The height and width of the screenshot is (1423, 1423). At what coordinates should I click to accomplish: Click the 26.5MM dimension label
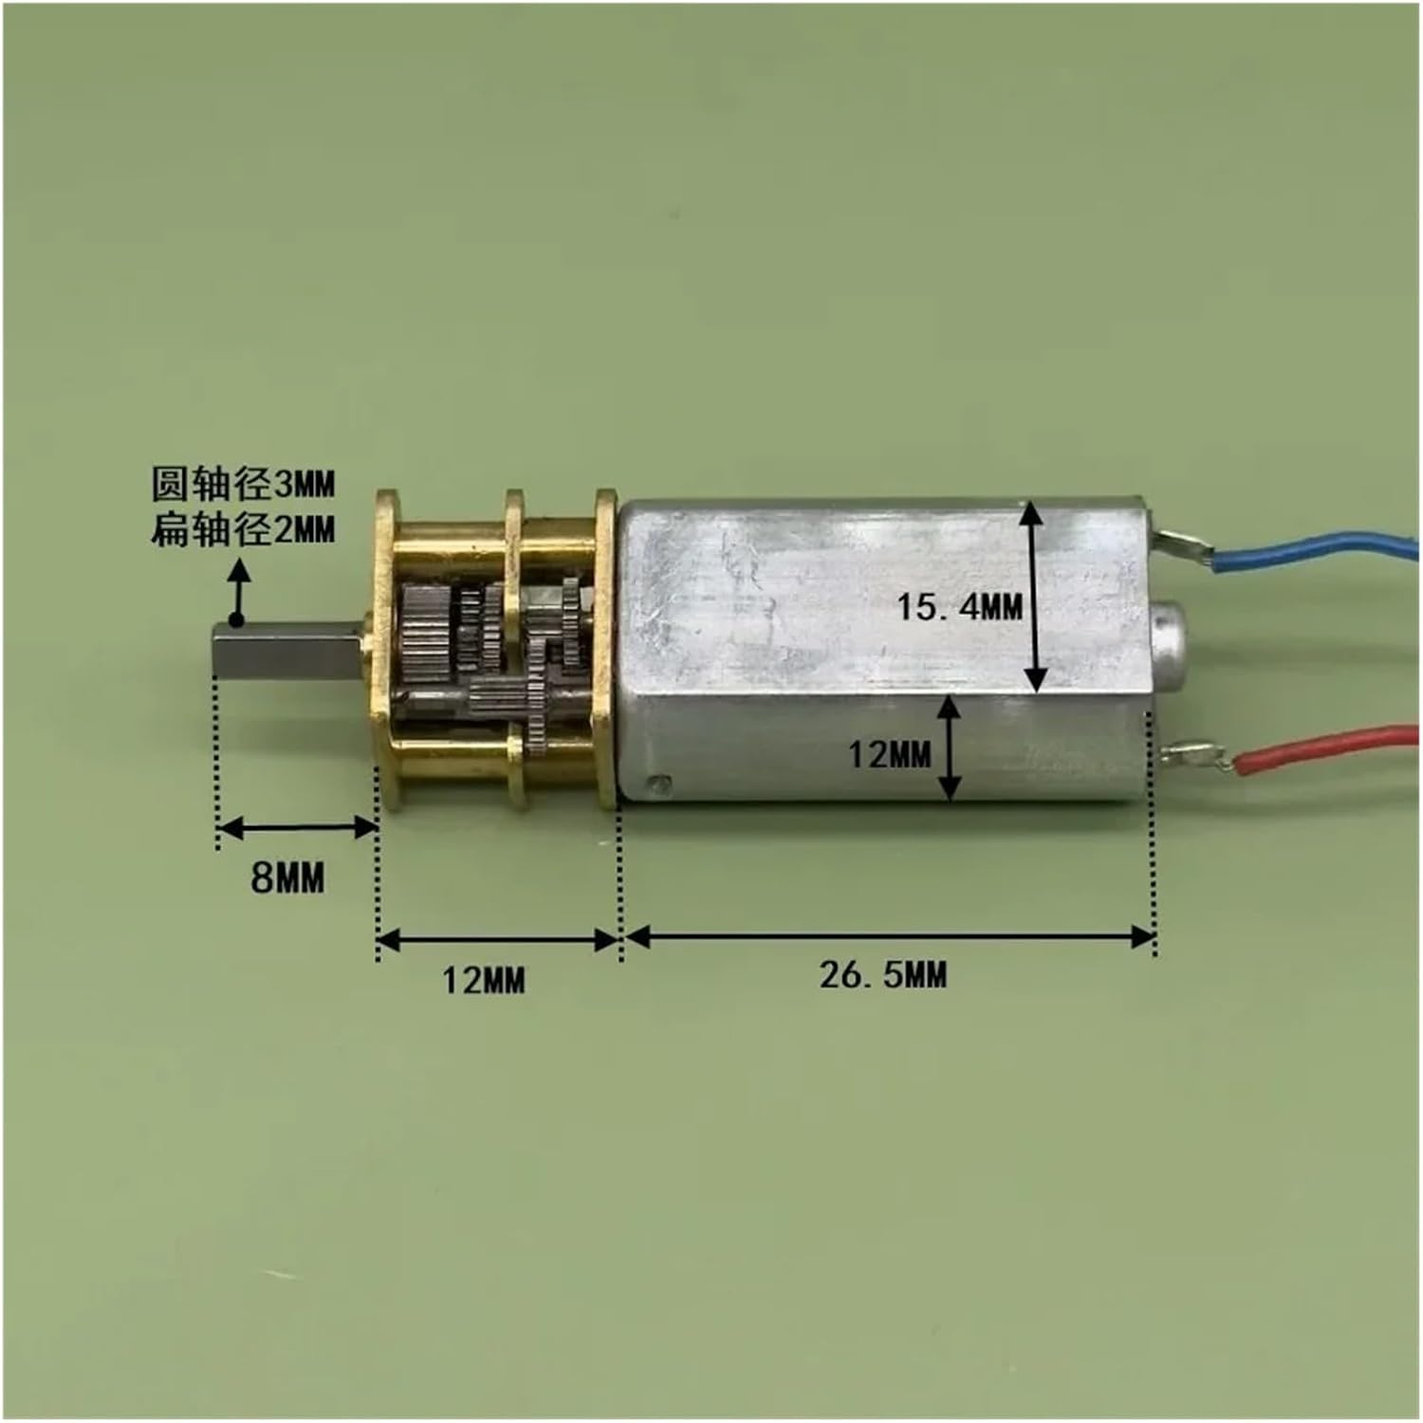pyautogui.click(x=883, y=974)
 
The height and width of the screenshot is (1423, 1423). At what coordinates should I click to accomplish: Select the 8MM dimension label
pyautogui.click(x=287, y=878)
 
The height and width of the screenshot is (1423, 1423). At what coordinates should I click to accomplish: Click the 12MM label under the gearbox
pyautogui.click(x=484, y=979)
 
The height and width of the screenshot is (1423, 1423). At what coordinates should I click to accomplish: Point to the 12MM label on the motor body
pyautogui.click(x=889, y=754)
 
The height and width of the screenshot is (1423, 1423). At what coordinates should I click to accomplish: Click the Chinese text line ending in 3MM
pyautogui.click(x=244, y=485)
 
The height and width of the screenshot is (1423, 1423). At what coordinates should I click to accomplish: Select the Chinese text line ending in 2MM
pyautogui.click(x=244, y=529)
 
